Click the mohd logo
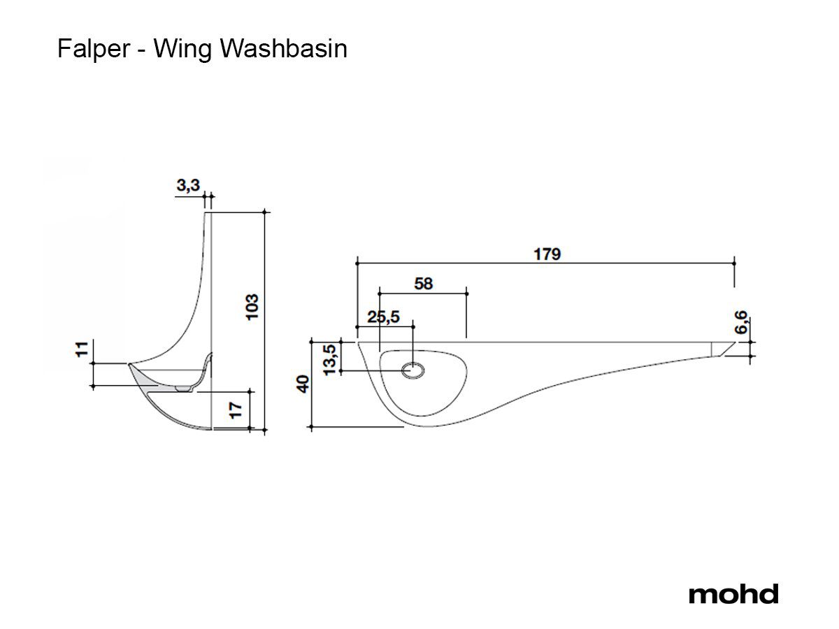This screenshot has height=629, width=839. (x=733, y=594)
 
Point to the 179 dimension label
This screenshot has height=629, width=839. (x=547, y=254)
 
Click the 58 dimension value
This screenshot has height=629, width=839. (x=424, y=283)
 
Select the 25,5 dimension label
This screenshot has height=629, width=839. (x=383, y=317)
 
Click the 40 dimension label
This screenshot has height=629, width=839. (x=303, y=384)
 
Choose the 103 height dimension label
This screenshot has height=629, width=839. (x=252, y=306)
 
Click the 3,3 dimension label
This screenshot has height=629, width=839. (x=188, y=185)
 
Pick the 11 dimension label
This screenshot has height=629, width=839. (x=82, y=349)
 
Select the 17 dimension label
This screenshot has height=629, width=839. (x=238, y=409)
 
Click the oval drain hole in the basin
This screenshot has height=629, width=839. (x=413, y=372)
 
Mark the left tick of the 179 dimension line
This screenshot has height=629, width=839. (x=357, y=262)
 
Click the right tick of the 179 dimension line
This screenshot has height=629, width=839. (x=734, y=262)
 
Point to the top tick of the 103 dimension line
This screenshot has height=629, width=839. (x=264, y=211)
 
